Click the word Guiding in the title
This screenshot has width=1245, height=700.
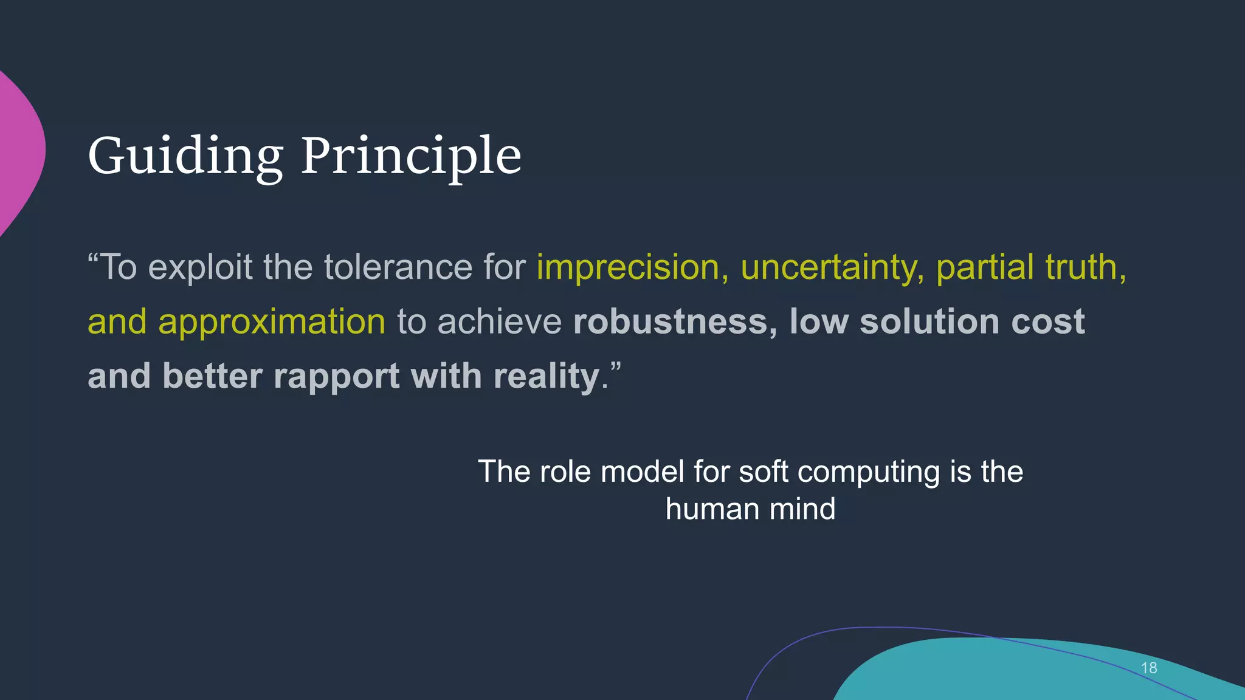(185, 157)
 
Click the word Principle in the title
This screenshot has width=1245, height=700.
(411, 157)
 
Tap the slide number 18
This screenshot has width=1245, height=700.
(1148, 668)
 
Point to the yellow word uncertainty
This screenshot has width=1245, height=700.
(832, 268)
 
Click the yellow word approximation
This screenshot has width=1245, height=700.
(272, 322)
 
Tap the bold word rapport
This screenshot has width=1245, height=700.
(336, 376)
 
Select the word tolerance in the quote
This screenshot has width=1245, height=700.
(398, 267)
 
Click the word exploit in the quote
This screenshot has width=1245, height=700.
(200, 268)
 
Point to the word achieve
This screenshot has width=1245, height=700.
(499, 322)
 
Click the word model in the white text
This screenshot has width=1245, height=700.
(643, 472)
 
